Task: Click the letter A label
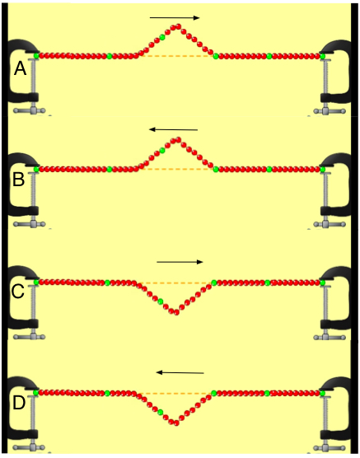pyautogui.click(x=20, y=69)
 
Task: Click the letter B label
pyautogui.click(x=18, y=180)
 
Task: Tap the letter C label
pyautogui.click(x=17, y=292)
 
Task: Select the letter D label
pyautogui.click(x=19, y=403)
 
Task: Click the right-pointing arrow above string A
pyautogui.click(x=175, y=18)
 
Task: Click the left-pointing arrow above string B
pyautogui.click(x=173, y=129)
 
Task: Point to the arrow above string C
pyautogui.click(x=180, y=262)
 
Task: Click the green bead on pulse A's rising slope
pyautogui.click(x=162, y=37)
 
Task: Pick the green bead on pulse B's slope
pyautogui.click(x=162, y=151)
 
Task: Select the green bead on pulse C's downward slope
pyautogui.click(x=160, y=301)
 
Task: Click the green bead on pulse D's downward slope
pyautogui.click(x=160, y=412)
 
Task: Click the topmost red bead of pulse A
pyautogui.click(x=178, y=26)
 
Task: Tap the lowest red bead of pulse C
pyautogui.click(x=176, y=312)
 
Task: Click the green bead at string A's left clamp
pyautogui.click(x=36, y=55)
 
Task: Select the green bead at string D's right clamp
pyautogui.click(x=323, y=394)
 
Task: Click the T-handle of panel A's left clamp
pyautogui.click(x=30, y=110)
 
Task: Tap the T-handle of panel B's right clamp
pyautogui.click(x=330, y=225)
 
